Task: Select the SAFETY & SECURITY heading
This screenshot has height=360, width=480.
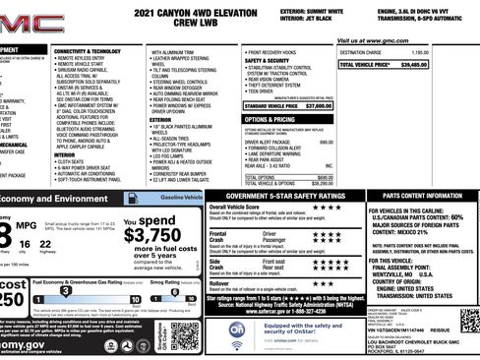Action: (x=268, y=61)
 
